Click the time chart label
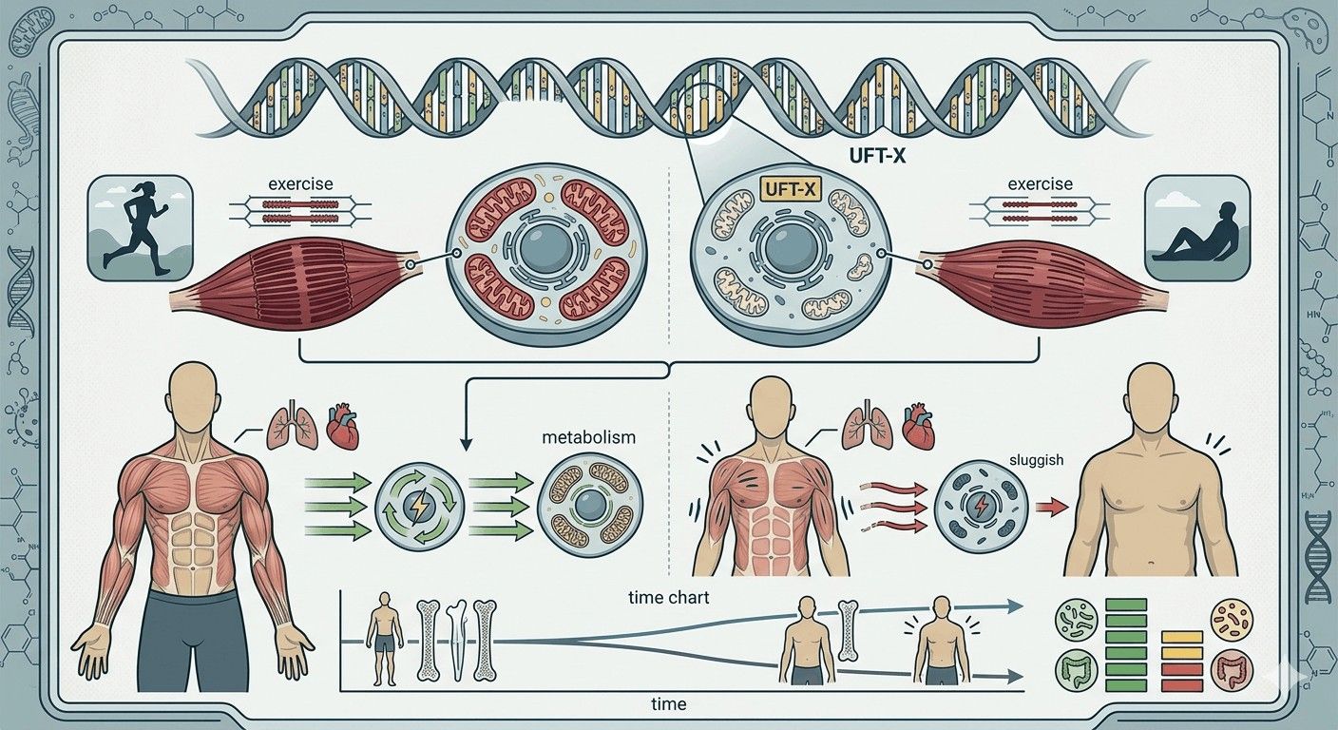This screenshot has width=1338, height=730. click(x=669, y=598)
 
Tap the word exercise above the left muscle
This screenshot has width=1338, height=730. click(x=301, y=183)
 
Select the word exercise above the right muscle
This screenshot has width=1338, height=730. click(x=1040, y=183)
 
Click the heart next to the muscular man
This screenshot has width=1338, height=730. click(x=344, y=429)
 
